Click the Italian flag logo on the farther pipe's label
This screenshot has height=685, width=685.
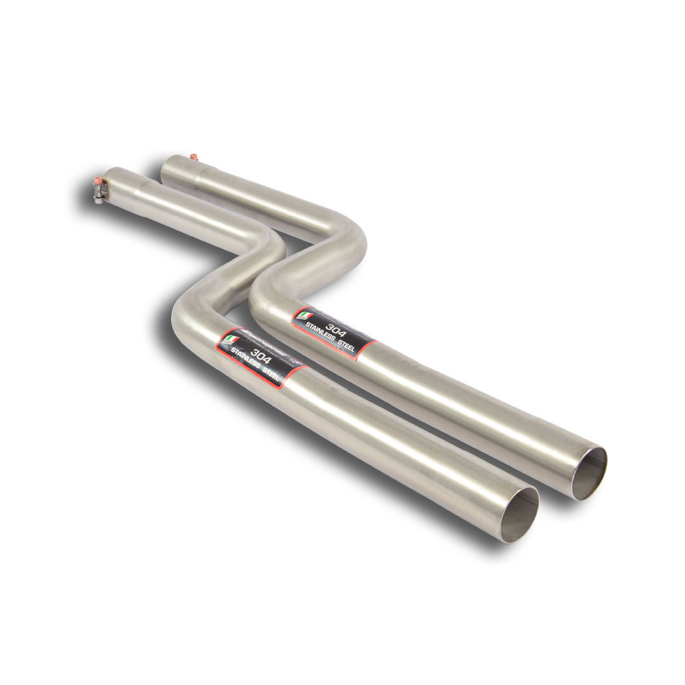point(302,315)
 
